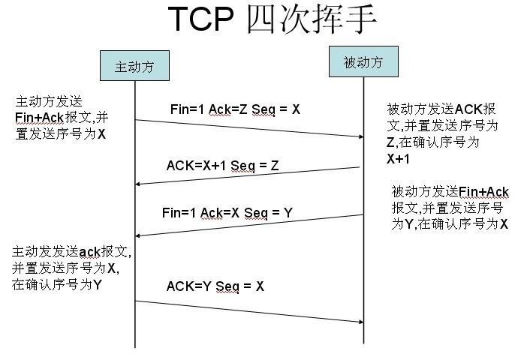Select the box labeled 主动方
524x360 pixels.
coord(134,66)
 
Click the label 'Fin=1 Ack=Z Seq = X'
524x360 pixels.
coord(235,109)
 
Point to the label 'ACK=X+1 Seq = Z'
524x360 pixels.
coord(222,166)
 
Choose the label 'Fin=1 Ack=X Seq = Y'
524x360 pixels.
coord(227,213)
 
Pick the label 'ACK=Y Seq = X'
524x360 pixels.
coord(215,286)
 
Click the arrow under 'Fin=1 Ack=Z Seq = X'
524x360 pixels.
coord(248,128)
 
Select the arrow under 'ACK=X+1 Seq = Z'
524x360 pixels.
coord(248,175)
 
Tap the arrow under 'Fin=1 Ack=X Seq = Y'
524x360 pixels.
coord(248,226)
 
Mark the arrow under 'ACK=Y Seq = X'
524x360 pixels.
coord(248,311)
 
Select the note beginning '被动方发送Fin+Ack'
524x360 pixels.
coord(450,208)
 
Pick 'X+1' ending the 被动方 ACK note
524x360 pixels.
coord(399,159)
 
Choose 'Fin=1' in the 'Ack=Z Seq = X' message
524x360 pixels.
coord(187,109)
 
